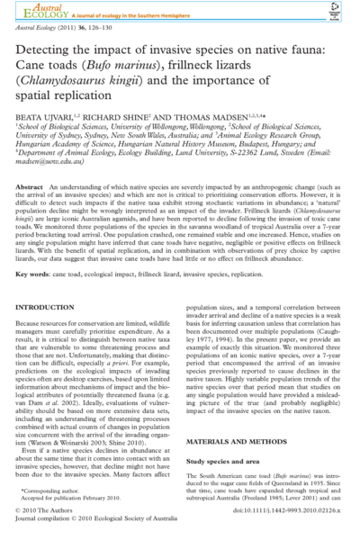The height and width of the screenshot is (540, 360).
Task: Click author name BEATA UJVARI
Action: [49, 118]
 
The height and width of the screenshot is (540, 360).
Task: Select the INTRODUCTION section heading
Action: [51, 308]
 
